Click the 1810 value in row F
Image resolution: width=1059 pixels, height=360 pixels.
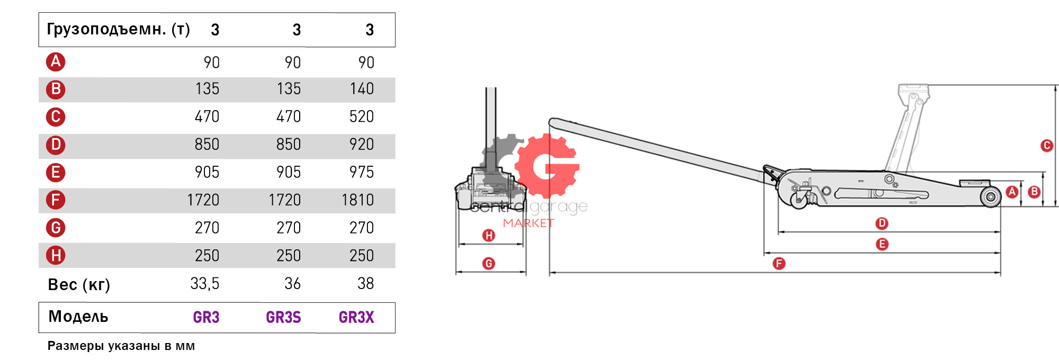pyautogui.click(x=357, y=200)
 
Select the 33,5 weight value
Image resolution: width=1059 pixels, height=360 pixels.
pyautogui.click(x=205, y=284)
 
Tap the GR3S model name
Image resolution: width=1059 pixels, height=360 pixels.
pyautogui.click(x=283, y=317)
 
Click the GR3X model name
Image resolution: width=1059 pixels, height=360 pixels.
pyautogui.click(x=356, y=317)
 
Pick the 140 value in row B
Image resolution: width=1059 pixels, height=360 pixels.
pyautogui.click(x=362, y=89)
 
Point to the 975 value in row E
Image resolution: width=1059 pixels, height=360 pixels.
pyautogui.click(x=362, y=173)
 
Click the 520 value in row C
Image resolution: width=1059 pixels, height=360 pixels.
pyautogui.click(x=362, y=116)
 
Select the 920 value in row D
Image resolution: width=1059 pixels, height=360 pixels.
pyautogui.click(x=362, y=145)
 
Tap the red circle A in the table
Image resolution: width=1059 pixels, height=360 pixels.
pyautogui.click(x=56, y=62)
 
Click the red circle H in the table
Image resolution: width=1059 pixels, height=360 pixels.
pyautogui.click(x=56, y=255)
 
